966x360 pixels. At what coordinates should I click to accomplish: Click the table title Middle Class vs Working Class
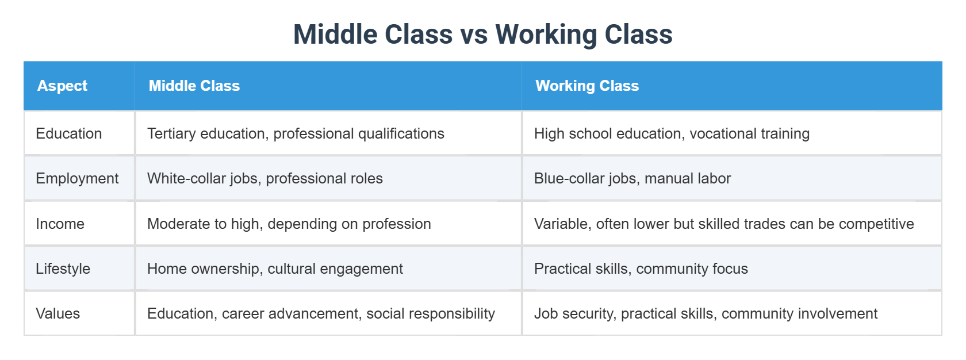(x=482, y=34)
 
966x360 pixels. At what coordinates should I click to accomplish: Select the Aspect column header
(x=62, y=86)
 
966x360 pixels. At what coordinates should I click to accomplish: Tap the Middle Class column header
(x=194, y=86)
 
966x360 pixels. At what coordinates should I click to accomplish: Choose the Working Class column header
(x=587, y=86)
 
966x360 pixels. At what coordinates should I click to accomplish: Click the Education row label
(x=68, y=133)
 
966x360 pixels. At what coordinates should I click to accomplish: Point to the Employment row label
(x=77, y=178)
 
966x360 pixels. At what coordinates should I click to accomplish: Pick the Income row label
(x=60, y=224)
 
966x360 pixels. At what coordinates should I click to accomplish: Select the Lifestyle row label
(x=63, y=269)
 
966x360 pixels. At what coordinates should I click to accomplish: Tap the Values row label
(x=57, y=313)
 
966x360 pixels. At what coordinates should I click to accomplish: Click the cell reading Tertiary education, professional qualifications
(x=296, y=133)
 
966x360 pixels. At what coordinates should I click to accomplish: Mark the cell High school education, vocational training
(x=672, y=133)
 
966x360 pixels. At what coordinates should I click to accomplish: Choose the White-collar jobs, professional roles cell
(x=264, y=178)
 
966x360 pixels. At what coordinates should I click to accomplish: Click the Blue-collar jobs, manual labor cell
(x=632, y=178)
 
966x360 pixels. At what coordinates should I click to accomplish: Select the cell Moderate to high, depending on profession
(x=289, y=224)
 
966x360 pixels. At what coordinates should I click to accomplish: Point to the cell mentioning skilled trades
(x=723, y=224)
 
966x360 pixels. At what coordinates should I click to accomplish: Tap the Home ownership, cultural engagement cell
(x=275, y=269)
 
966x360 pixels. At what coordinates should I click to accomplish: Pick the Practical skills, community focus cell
(x=641, y=269)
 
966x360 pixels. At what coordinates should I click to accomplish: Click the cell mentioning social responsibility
(x=321, y=313)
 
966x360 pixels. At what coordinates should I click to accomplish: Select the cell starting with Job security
(x=706, y=313)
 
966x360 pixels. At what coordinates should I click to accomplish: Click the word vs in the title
(x=474, y=35)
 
